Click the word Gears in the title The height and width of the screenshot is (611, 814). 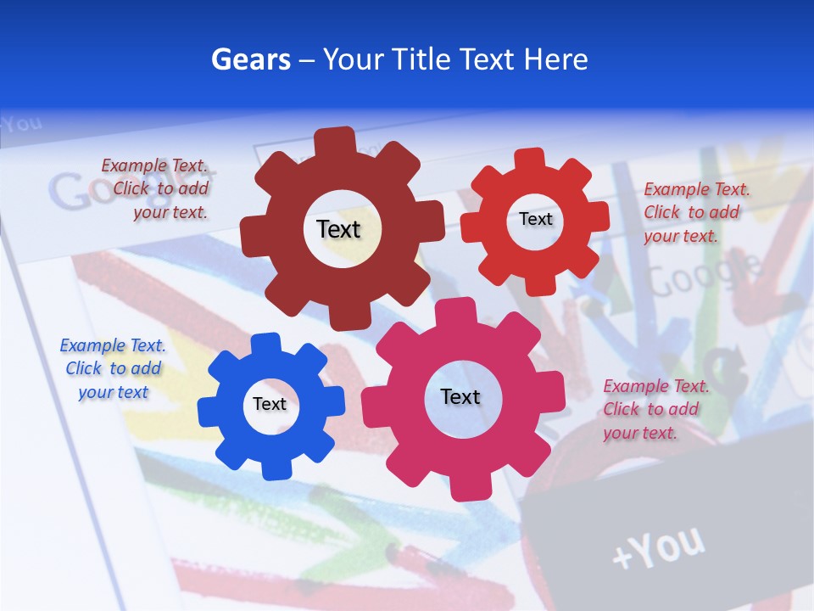click(x=250, y=59)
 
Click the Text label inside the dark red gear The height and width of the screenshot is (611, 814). click(x=338, y=229)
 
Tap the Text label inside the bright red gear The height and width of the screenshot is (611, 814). click(x=535, y=219)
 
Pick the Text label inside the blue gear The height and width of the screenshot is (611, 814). click(x=270, y=404)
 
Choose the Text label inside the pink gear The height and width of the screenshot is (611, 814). click(x=460, y=396)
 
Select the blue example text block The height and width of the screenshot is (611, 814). click(x=113, y=369)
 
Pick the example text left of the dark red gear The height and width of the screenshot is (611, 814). click(x=157, y=189)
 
